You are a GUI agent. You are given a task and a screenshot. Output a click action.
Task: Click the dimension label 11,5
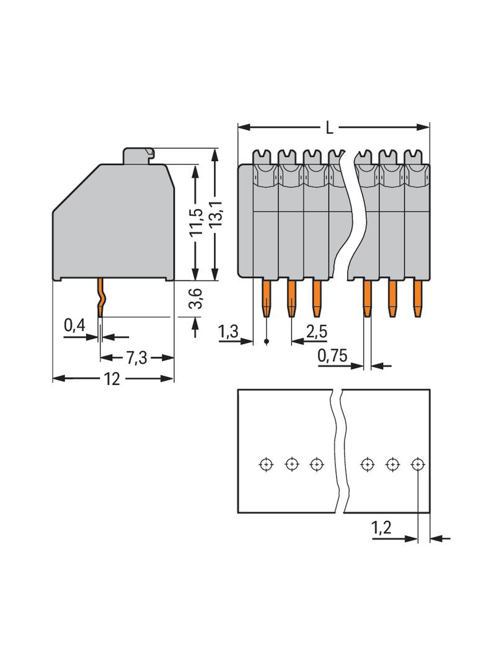(x=197, y=223)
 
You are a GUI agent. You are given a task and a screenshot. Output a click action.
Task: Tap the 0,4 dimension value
(x=75, y=325)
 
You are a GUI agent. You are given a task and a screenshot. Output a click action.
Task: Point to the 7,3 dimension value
(x=136, y=358)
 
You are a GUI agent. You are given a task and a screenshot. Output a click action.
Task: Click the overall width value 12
(x=112, y=379)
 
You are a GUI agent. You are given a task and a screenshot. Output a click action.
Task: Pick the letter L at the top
(x=330, y=128)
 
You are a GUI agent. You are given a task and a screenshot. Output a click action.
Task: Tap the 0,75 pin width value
(x=332, y=356)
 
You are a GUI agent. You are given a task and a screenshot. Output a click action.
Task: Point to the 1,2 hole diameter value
(x=381, y=528)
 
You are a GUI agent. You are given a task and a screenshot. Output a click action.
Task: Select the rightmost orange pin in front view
(x=417, y=298)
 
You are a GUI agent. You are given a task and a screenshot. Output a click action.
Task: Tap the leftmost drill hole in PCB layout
(x=266, y=463)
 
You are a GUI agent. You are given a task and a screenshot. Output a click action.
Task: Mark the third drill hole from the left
(x=317, y=463)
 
